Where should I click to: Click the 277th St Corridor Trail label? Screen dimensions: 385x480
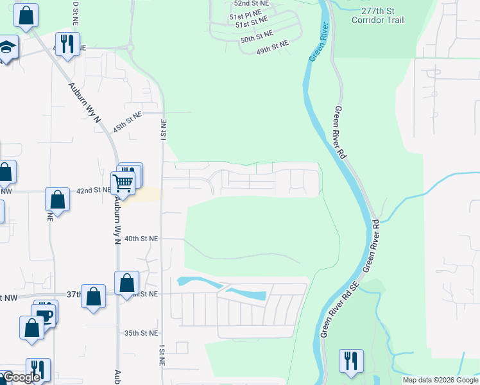coord(378,15)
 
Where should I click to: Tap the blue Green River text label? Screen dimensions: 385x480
coord(319,42)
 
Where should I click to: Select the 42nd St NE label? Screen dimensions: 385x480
coord(93,191)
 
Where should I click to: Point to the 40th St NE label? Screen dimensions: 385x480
coord(141,238)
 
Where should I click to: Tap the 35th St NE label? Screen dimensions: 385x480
coord(141,333)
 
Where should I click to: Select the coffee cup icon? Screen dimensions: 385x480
coord(44,316)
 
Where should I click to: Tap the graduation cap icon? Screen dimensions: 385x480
coord(6,47)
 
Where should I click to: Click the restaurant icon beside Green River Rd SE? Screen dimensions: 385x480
coord(351,361)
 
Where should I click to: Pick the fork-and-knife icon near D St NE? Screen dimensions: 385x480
coord(67,44)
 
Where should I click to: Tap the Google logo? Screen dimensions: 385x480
coord(22,377)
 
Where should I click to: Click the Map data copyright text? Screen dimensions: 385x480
coord(440,380)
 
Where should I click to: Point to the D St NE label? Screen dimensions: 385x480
coord(76,13)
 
